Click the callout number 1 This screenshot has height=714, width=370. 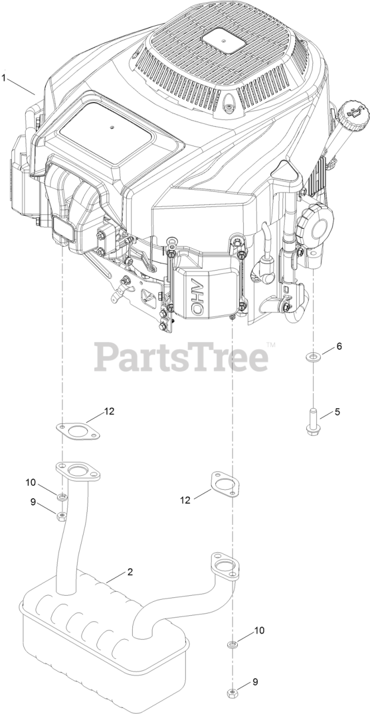click(x=4, y=78)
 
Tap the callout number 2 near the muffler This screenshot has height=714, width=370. click(x=130, y=572)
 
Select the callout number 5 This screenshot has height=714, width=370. click(x=338, y=412)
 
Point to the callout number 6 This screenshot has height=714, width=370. click(x=339, y=346)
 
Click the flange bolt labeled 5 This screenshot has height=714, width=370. click(x=313, y=420)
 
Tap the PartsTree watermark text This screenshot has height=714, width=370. click(x=181, y=356)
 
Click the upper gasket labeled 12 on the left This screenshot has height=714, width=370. click(x=78, y=432)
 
